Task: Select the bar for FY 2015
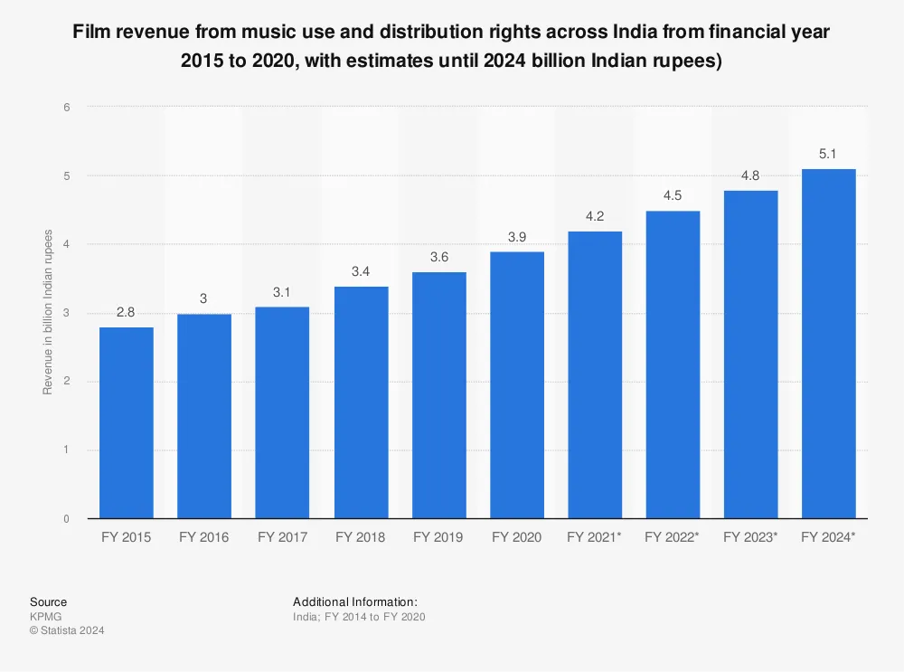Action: coord(127,422)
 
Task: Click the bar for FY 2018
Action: coord(361,402)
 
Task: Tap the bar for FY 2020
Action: coord(517,384)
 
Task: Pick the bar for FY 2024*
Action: coord(829,344)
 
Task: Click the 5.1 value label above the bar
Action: coord(829,154)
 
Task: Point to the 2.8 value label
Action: coord(127,312)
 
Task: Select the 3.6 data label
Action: coord(438,257)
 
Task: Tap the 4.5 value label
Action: coord(673,195)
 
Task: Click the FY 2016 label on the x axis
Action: coord(204,537)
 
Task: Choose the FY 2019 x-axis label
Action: coord(438,537)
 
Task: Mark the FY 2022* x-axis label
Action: coord(673,537)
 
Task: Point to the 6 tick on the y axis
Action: coord(66,107)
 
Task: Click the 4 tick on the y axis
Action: coord(66,244)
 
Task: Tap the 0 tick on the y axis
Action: coord(66,519)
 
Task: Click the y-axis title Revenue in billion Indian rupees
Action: coord(48,313)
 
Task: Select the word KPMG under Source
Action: coord(45,617)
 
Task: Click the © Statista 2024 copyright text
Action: coord(67,630)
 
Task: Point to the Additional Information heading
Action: coord(355,601)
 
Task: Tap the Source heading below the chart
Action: coord(48,601)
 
